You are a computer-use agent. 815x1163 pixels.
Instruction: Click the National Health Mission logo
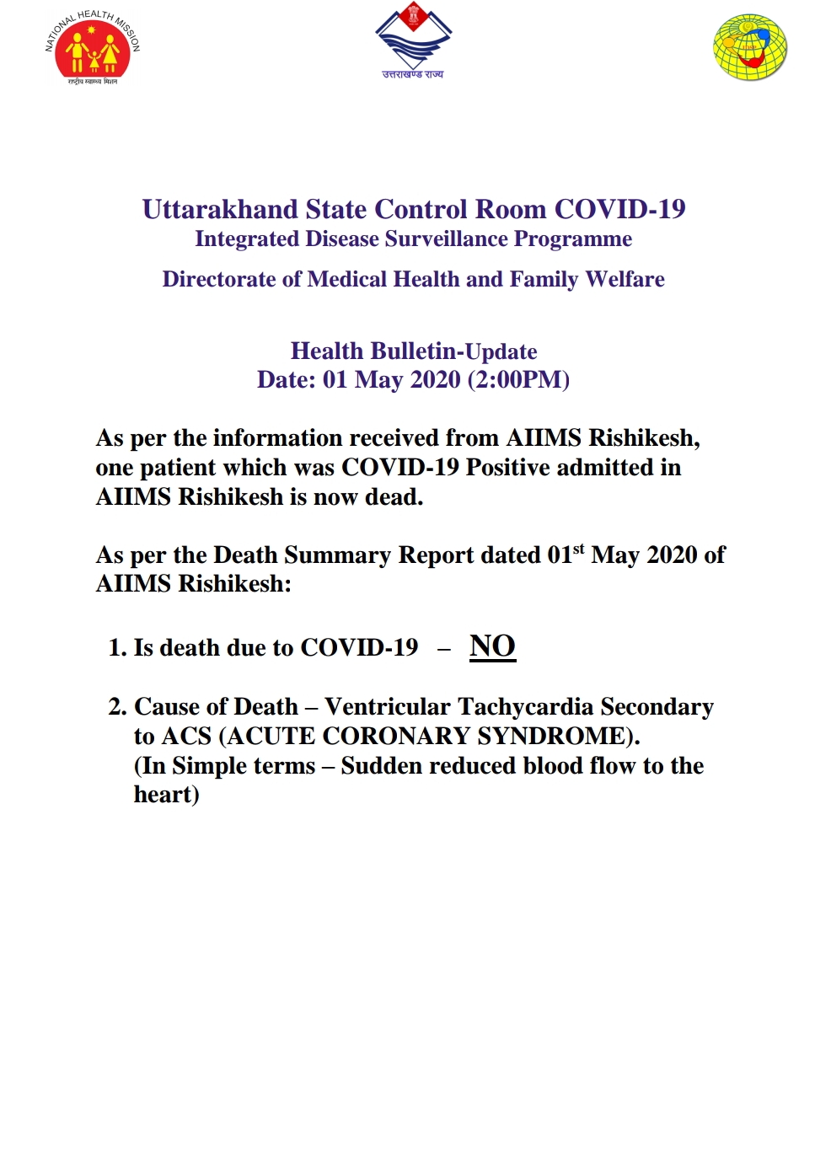tap(93, 48)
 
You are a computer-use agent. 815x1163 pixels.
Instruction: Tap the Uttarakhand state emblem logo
tap(413, 40)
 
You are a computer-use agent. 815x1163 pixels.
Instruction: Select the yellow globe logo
tap(749, 47)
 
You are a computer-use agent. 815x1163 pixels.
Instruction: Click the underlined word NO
tap(492, 646)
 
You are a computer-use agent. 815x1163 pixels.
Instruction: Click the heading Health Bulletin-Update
tap(414, 351)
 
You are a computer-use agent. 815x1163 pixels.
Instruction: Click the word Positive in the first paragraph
tap(508, 467)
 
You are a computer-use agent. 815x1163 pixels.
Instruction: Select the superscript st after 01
tap(578, 549)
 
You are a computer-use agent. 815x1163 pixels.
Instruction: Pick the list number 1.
tap(116, 648)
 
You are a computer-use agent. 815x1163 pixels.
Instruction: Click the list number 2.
tap(116, 707)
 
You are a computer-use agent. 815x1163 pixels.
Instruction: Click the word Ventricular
tap(387, 706)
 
